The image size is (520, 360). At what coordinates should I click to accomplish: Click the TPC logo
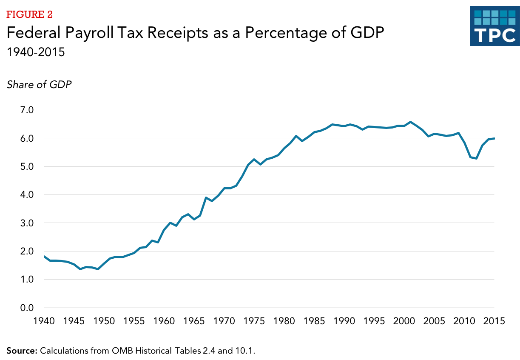[494, 26]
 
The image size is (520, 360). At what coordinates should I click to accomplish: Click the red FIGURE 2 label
[29, 15]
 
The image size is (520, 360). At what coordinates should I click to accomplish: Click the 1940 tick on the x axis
[44, 320]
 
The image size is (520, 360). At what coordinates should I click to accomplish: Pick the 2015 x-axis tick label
[494, 320]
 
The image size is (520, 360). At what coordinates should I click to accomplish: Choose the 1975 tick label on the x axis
[254, 320]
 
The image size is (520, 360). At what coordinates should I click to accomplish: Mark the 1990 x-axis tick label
[344, 320]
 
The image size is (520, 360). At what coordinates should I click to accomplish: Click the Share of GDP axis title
[39, 85]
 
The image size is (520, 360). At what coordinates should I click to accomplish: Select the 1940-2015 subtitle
[35, 53]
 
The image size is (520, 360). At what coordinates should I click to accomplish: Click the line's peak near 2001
[410, 122]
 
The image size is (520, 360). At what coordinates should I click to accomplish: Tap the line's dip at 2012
[476, 158]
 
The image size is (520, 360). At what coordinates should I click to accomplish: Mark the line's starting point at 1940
[44, 256]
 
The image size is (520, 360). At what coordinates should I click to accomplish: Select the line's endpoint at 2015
[494, 138]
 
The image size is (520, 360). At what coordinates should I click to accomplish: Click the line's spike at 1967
[206, 197]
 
